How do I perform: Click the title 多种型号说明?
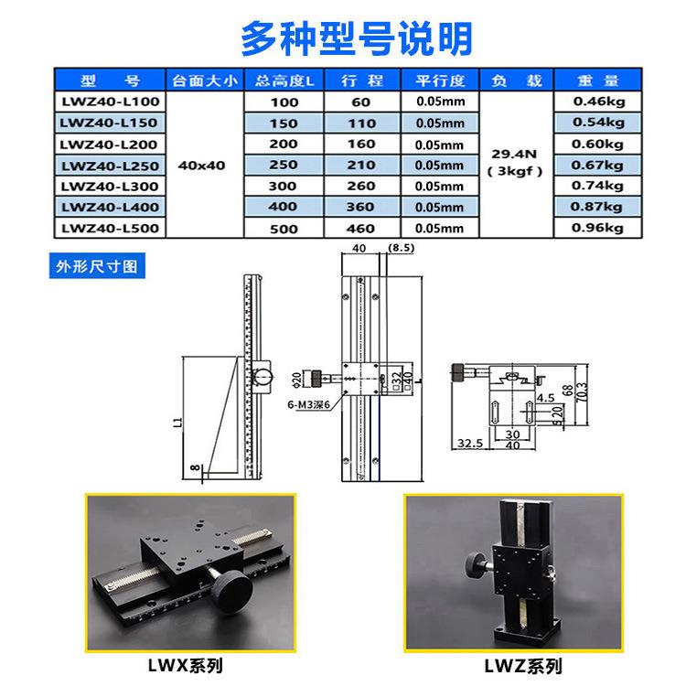[356, 38]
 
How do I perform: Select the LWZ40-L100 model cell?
[109, 102]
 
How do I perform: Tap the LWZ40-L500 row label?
[109, 229]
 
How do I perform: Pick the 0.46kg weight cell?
[598, 101]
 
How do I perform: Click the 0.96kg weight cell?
[598, 228]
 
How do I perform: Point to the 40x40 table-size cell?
[203, 166]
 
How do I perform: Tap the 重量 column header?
[598, 80]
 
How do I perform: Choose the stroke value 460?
[360, 229]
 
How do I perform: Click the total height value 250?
[284, 165]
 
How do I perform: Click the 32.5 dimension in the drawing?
[469, 444]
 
